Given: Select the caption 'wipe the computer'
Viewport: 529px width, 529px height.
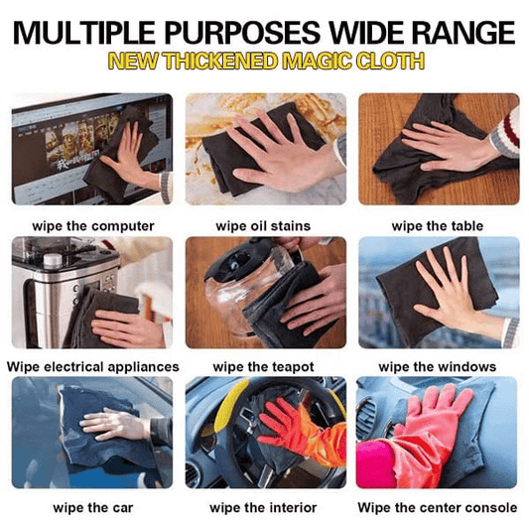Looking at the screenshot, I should (92, 226).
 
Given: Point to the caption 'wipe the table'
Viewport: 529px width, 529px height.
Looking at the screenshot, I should (437, 226).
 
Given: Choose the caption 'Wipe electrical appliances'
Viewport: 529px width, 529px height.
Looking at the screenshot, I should (92, 367).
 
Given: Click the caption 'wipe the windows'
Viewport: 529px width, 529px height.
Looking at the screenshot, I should (437, 367).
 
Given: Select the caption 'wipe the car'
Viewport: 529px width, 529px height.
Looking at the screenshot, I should (92, 507).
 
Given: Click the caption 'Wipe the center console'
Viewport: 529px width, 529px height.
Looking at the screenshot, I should (437, 507).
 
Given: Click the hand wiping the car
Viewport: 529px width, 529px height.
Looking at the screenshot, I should (114, 424).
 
